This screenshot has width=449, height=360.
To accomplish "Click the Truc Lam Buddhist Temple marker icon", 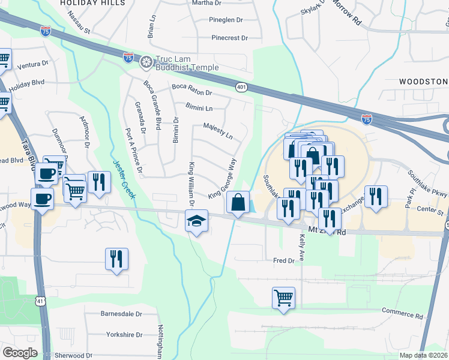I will (146, 62).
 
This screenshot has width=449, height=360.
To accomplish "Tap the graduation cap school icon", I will (196, 221).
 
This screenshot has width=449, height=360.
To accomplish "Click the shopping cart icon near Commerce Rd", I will (283, 297).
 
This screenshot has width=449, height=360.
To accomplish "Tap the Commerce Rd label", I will (402, 314).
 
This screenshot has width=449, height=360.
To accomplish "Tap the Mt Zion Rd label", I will (327, 231).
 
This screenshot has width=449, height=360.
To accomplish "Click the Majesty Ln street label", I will (217, 131).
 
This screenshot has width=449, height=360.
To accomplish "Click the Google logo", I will (20, 353).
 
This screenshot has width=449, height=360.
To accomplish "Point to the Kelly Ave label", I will (301, 249).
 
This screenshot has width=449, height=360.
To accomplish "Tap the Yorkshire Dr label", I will (122, 335).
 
